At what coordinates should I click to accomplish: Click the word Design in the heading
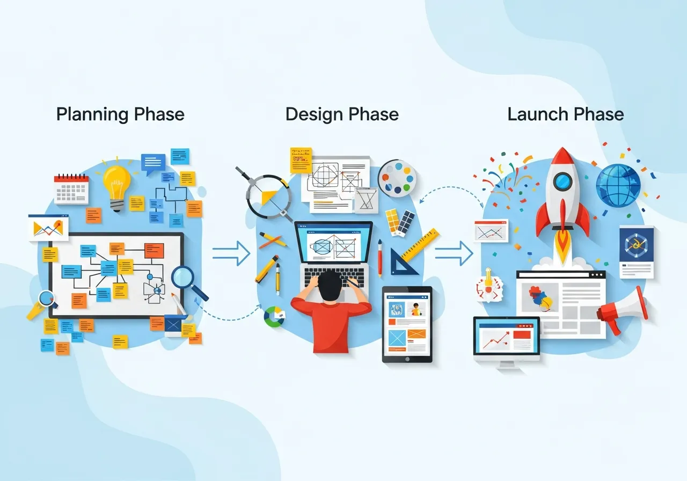(313, 114)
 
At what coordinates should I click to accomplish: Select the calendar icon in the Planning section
(71, 188)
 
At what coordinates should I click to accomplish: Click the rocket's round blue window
(562, 181)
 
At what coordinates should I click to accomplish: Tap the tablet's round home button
(407, 358)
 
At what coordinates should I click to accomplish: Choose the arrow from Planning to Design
(231, 253)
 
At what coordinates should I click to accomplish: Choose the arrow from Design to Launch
(454, 253)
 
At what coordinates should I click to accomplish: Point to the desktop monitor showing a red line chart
(506, 339)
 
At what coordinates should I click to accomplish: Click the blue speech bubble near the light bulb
(153, 162)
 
